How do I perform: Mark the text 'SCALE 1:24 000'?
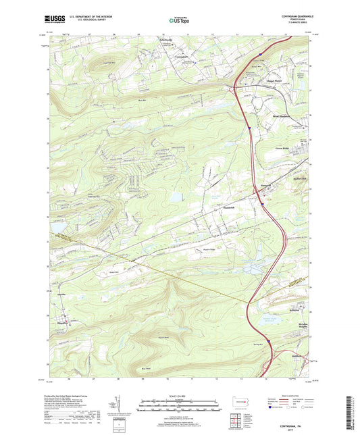point(179,396)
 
